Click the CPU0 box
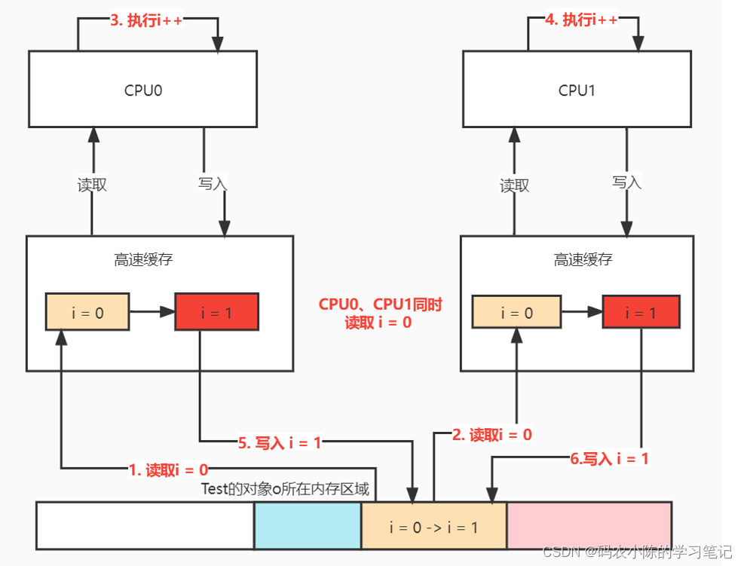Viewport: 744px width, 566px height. pos(142,89)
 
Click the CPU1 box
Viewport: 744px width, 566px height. pos(577,89)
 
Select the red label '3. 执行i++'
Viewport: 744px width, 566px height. pos(148,20)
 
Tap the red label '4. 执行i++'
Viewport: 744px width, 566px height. pos(581,20)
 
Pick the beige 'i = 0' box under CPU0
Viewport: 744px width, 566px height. pos(87,312)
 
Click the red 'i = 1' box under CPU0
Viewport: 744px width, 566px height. pos(216,312)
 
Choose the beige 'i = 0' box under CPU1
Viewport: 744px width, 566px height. pos(516,312)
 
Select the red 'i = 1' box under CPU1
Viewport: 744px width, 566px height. pos(641,312)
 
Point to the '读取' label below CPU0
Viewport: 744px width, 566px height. pos(92,185)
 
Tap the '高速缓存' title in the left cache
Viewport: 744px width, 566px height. pos(143,260)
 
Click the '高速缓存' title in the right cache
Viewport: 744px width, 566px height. pos(583,260)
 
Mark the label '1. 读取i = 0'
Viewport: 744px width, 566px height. pos(168,470)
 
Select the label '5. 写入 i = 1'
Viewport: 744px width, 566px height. pos(279,443)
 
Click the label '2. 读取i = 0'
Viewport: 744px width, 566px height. pos(491,434)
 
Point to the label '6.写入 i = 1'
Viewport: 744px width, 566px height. pos(608,457)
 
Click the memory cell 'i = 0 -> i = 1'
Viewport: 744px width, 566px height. pos(433,527)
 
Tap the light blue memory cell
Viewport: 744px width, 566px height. pos(308,525)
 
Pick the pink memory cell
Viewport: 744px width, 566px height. pos(589,525)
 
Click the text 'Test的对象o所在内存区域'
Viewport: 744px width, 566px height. pos(285,488)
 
